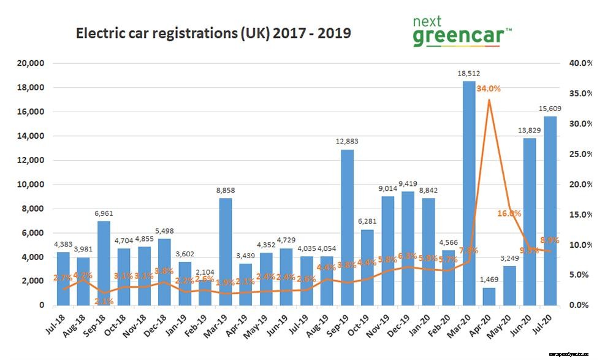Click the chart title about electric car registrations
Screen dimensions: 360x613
click(213, 33)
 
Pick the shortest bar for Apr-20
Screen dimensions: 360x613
click(489, 296)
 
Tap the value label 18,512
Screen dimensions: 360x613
click(468, 74)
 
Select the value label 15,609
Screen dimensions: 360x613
click(549, 109)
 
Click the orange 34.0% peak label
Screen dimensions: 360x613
click(488, 88)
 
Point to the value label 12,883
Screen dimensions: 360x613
click(347, 142)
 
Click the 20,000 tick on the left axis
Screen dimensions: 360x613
click(30, 63)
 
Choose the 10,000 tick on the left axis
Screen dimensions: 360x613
click(30, 184)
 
